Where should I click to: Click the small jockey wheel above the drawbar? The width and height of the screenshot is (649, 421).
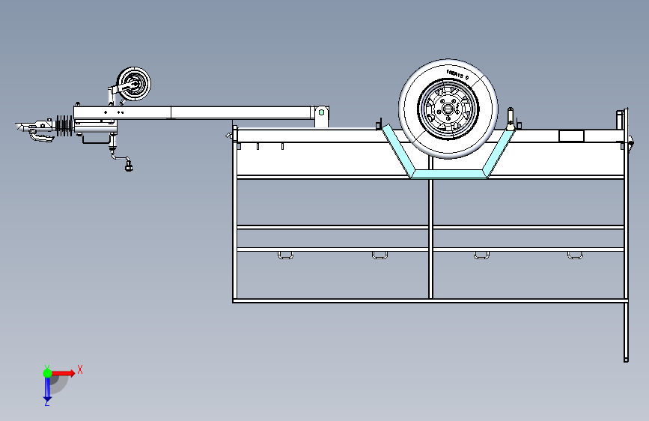[x=134, y=84]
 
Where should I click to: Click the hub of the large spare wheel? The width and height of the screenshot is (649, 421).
[x=448, y=109]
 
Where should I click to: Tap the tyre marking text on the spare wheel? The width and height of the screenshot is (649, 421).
[x=457, y=73]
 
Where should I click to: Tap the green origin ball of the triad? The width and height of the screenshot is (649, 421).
[x=47, y=372]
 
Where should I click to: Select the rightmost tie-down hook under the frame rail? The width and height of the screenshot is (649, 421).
[x=574, y=256]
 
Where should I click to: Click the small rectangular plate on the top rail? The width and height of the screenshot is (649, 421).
[x=571, y=136]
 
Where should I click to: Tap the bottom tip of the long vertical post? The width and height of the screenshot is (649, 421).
[x=626, y=358]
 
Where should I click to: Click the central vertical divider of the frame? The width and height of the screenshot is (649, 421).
[x=430, y=240]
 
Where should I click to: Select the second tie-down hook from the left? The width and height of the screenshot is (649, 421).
[x=380, y=256]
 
